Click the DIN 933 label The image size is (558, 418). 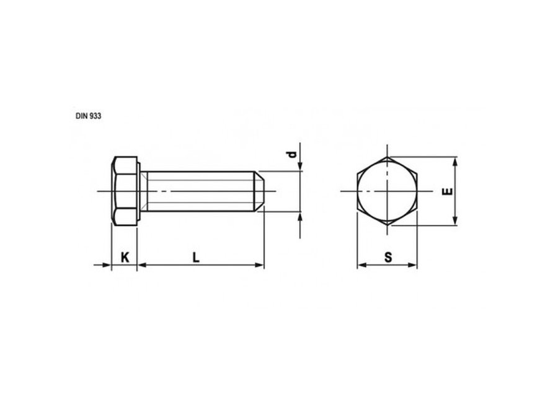pyautogui.click(x=88, y=116)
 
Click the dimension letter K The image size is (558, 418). pyautogui.click(x=125, y=258)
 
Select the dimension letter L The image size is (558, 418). pyautogui.click(x=196, y=258)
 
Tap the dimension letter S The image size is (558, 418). pyautogui.click(x=388, y=258)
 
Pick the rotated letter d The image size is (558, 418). pyautogui.click(x=292, y=154)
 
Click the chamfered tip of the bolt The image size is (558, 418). pyautogui.click(x=259, y=191)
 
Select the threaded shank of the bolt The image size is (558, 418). pyautogui.click(x=200, y=191)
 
